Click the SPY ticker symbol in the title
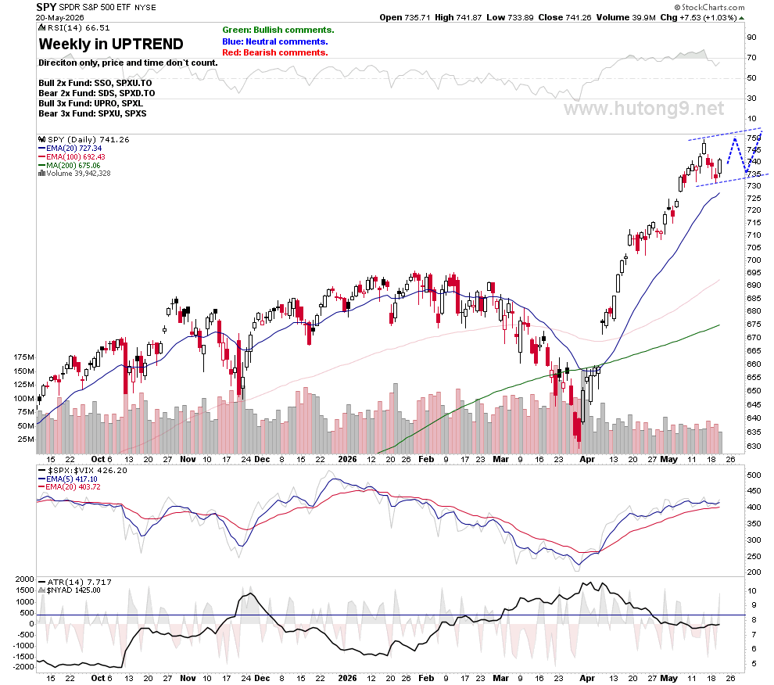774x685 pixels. [x=46, y=7]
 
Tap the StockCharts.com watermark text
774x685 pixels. [x=710, y=7]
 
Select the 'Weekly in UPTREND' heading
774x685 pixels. [x=111, y=44]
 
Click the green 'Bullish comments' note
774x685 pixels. [x=278, y=30]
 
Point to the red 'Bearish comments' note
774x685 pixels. [x=275, y=52]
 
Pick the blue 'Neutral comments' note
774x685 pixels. [x=275, y=41]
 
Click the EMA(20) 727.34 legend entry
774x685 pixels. [x=70, y=148]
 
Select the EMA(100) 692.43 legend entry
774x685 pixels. [x=72, y=156]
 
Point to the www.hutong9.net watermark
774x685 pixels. [x=644, y=108]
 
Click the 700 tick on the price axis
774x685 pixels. [x=754, y=260]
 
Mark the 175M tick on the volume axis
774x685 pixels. [x=23, y=357]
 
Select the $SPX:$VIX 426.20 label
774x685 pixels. [x=83, y=470]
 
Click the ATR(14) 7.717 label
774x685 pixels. [x=75, y=583]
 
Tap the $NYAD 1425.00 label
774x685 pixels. [x=70, y=590]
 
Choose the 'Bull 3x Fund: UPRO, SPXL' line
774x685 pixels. [x=91, y=103]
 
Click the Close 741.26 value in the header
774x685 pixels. [x=564, y=17]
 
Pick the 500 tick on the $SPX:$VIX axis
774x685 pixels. [x=754, y=475]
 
